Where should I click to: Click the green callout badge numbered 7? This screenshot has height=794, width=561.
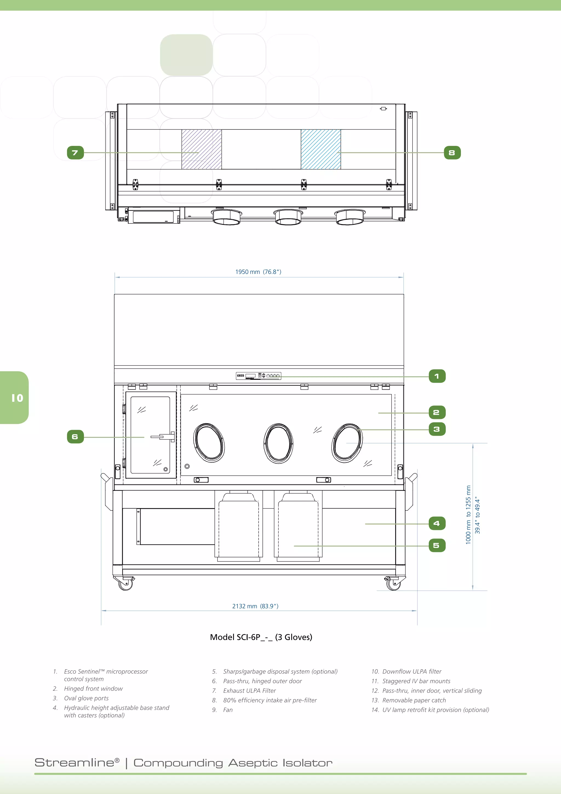(x=75, y=152)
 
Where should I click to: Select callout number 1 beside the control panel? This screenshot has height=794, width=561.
(x=437, y=376)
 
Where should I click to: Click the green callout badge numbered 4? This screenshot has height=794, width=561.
(x=437, y=523)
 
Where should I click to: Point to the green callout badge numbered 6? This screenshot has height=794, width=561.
(x=75, y=437)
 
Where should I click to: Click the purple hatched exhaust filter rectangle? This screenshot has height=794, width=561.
(x=202, y=149)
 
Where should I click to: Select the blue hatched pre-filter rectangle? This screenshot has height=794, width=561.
(x=320, y=149)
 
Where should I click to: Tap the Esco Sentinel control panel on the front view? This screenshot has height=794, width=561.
(x=258, y=376)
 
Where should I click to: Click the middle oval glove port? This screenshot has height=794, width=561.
(x=278, y=443)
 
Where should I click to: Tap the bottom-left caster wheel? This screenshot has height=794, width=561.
(x=125, y=584)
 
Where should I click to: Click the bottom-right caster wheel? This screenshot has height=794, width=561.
(x=393, y=584)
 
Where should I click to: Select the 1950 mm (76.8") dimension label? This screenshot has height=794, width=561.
(x=258, y=272)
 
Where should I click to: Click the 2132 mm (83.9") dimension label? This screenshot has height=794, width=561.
(x=255, y=606)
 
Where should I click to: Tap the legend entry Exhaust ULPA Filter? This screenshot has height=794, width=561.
(x=250, y=691)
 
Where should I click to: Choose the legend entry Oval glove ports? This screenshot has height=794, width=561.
(x=86, y=698)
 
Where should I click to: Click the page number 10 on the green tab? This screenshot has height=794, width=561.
(x=17, y=398)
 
